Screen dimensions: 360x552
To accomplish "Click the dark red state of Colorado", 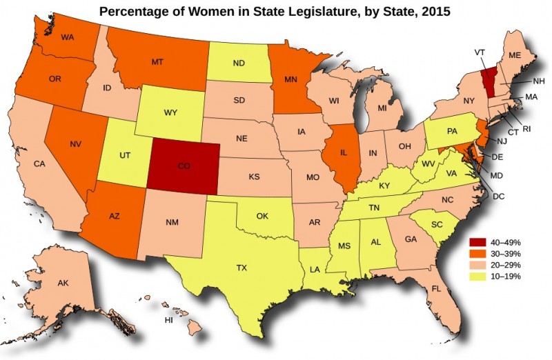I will click(184, 166).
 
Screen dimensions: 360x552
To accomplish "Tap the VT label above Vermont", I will click(480, 52).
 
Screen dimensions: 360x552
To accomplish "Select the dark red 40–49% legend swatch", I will click(478, 242).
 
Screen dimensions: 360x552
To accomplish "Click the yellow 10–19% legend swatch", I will click(478, 276).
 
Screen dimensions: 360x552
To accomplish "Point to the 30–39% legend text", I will click(506, 254).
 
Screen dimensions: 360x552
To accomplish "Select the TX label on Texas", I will click(241, 267).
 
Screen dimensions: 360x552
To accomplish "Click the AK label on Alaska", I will click(63, 283).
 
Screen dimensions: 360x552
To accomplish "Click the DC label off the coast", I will click(499, 197).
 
